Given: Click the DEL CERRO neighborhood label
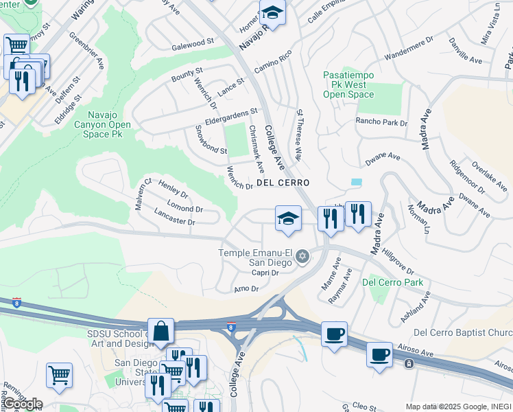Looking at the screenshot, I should tap(283, 183).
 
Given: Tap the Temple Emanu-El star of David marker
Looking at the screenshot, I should tap(302, 257).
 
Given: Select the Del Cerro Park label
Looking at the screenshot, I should tap(392, 282).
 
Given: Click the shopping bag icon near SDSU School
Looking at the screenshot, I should tap(160, 332).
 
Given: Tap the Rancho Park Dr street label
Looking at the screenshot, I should tap(381, 122).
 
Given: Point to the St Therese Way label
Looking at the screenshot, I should tap(299, 134).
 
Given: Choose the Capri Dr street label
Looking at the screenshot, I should tap(265, 273).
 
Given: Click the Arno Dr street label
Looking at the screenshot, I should tap(246, 289).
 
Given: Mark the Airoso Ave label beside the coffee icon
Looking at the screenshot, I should tap(418, 350).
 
